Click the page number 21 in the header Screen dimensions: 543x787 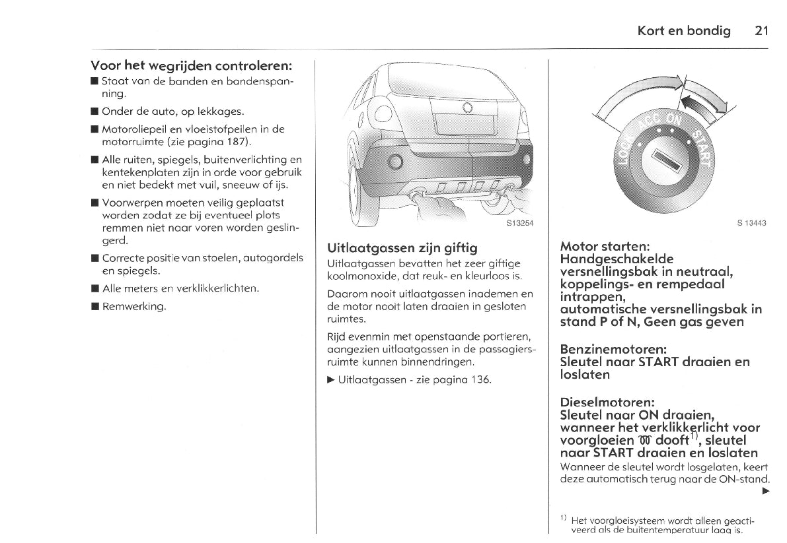click(761, 31)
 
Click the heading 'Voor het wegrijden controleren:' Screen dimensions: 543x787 click(192, 66)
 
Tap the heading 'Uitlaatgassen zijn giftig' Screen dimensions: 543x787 click(402, 248)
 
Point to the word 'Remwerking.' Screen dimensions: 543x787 click(134, 306)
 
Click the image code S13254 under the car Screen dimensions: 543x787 click(519, 223)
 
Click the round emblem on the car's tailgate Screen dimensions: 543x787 click(467, 107)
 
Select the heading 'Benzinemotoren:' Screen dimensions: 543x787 click(613, 348)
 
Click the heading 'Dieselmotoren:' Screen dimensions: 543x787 click(607, 402)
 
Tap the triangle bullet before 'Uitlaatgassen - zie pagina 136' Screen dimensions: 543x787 click(331, 379)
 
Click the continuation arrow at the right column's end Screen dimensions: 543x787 click(766, 492)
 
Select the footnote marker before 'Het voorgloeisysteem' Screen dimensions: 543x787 click(563, 518)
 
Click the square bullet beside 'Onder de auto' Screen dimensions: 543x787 click(94, 112)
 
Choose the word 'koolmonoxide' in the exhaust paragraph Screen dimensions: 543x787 click(359, 275)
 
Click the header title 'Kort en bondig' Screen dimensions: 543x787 click(684, 31)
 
